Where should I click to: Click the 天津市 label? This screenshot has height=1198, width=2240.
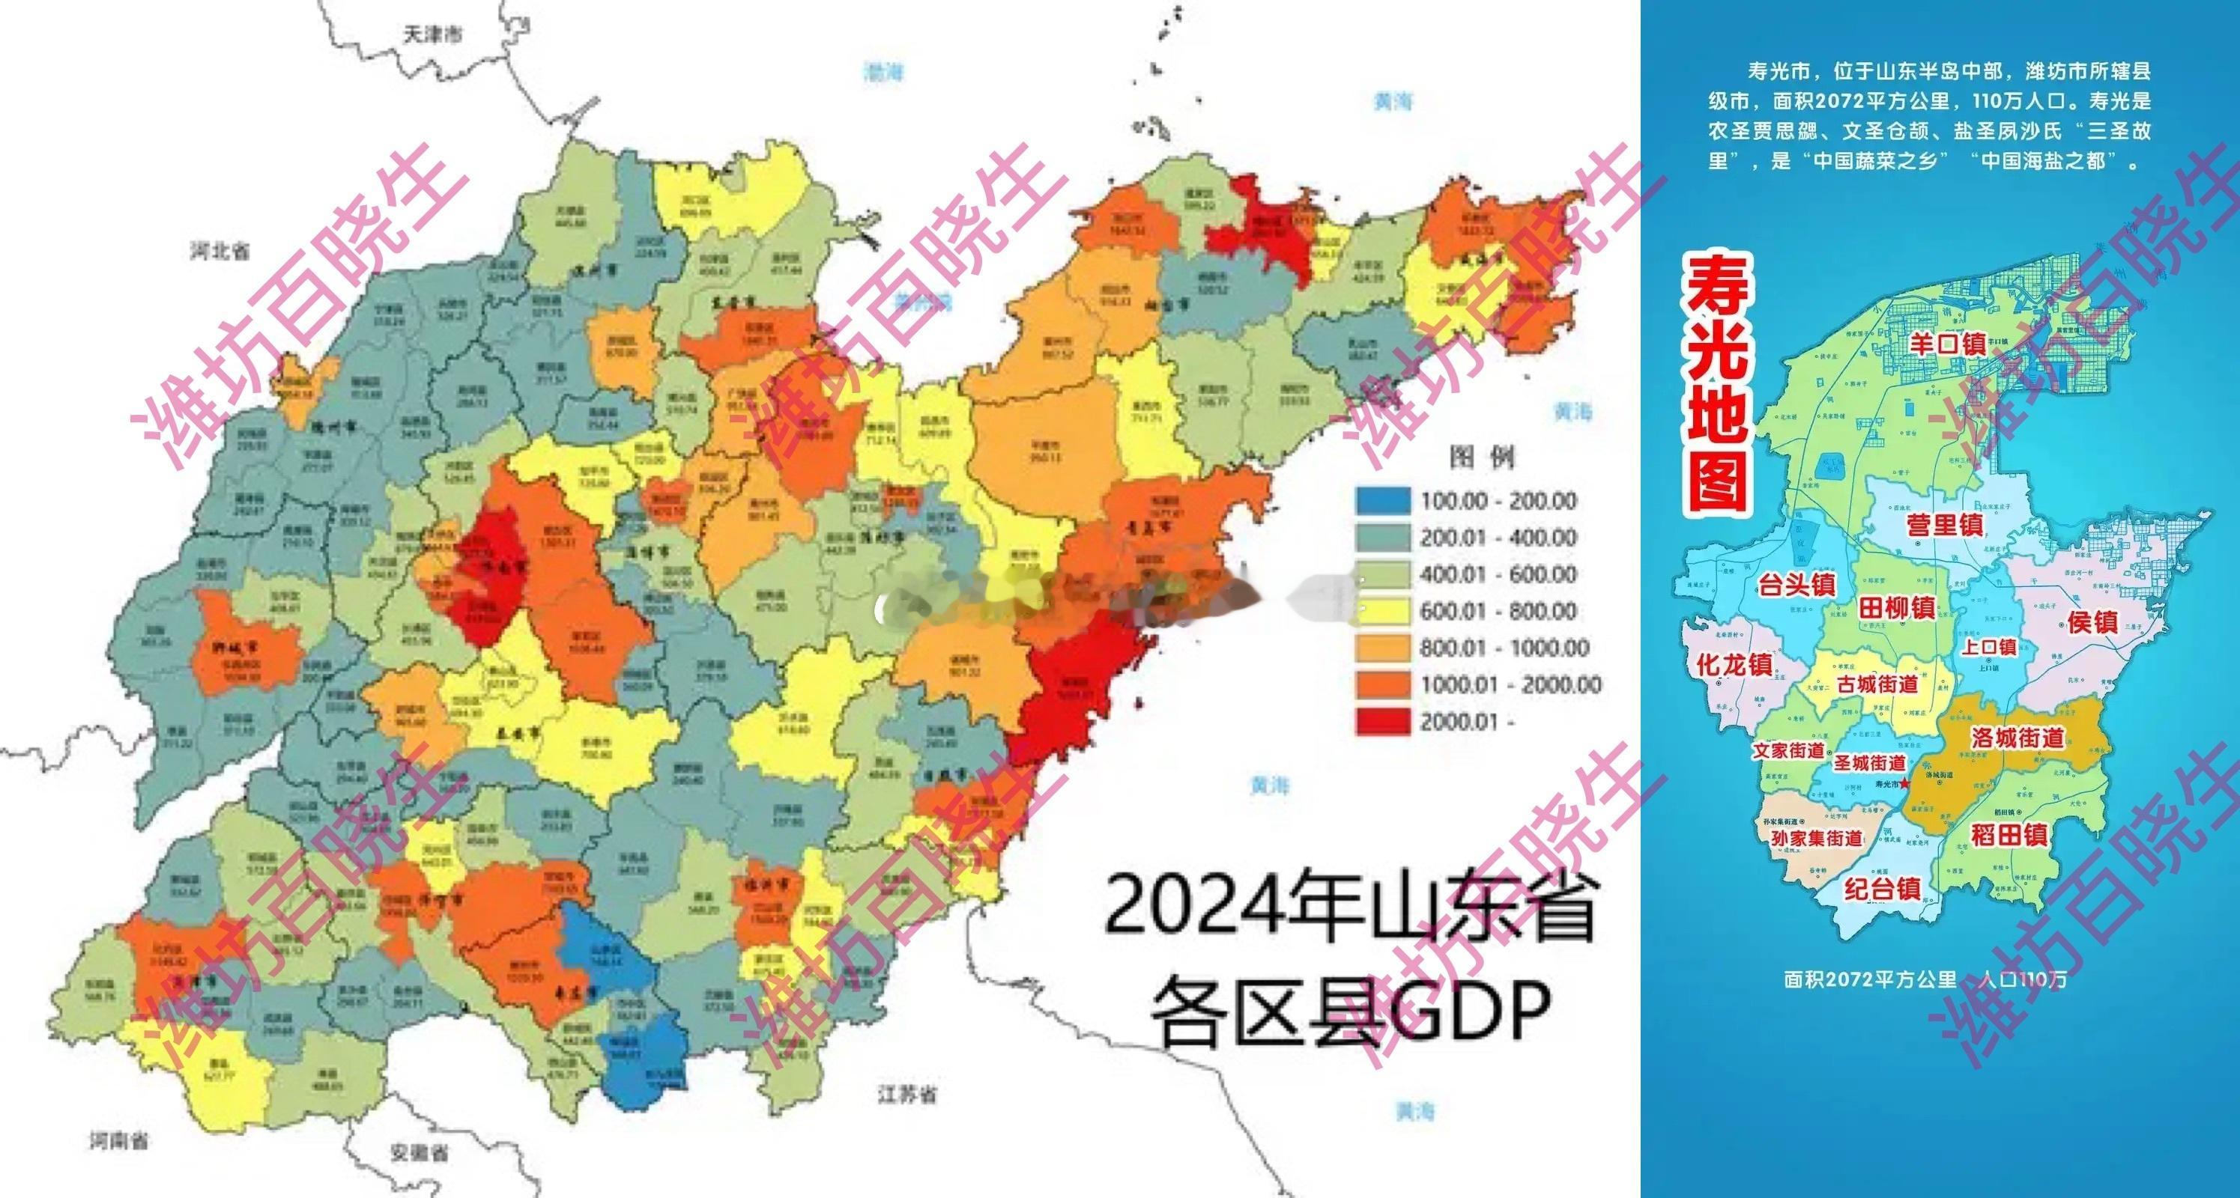click(432, 34)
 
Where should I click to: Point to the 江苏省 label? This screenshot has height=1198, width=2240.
click(907, 1094)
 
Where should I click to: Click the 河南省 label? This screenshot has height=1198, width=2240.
click(119, 1140)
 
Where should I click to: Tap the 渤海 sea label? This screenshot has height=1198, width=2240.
click(883, 72)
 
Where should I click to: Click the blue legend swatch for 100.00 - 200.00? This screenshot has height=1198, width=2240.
click(1383, 501)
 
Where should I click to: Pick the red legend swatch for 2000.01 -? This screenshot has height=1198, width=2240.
click(1383, 722)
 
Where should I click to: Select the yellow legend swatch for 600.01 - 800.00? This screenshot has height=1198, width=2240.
click(1383, 611)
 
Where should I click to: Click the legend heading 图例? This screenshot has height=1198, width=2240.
click(1482, 457)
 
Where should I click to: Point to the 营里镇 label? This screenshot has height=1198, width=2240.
click(1946, 525)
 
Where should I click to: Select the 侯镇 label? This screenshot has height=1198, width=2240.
click(2092, 622)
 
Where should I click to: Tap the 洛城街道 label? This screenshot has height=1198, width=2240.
click(2017, 738)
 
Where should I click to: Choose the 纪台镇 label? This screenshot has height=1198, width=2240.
click(1883, 890)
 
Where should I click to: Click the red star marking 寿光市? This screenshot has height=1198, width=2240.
click(1904, 784)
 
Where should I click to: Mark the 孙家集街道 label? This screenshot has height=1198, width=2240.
click(1817, 838)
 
